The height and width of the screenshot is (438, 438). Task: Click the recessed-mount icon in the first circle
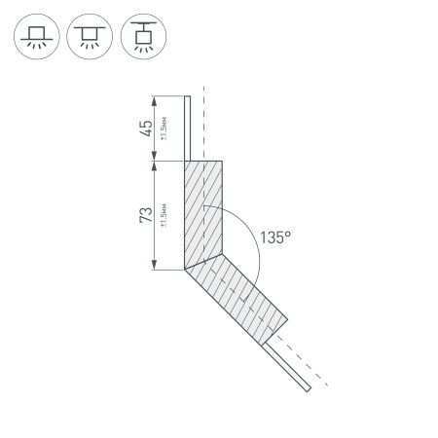[x=37, y=37]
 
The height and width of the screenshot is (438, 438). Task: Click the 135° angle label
[x=275, y=237]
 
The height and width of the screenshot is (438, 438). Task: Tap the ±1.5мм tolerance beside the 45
[x=166, y=128]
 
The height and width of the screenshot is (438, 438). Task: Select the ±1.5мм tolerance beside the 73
[x=166, y=214]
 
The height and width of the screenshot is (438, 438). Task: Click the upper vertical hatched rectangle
[x=204, y=212]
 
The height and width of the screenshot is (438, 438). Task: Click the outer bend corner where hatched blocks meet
[x=184, y=269]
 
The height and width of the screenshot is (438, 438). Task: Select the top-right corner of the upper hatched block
[x=225, y=162]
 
